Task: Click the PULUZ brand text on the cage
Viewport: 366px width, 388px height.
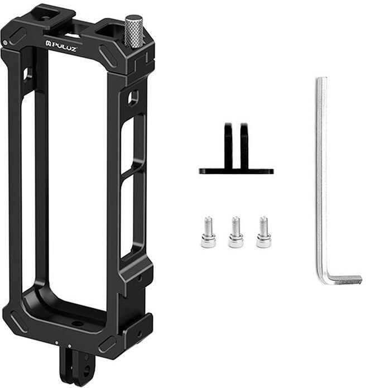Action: [61, 46]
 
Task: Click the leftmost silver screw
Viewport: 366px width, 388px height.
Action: [208, 232]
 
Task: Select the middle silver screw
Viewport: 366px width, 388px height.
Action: [235, 232]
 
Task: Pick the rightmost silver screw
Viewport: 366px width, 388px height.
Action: [263, 232]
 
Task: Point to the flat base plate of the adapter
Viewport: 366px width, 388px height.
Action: [236, 171]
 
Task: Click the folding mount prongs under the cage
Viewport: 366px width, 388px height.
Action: [75, 368]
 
